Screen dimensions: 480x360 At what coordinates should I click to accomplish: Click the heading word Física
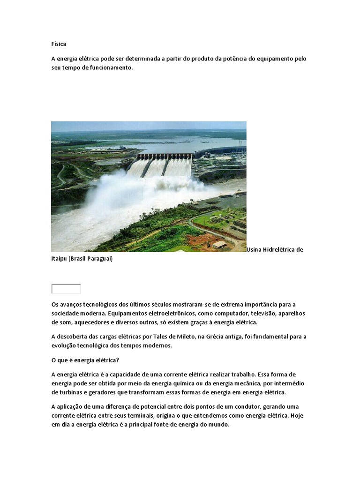click(59, 44)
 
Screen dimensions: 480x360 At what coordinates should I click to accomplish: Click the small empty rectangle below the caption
click(66, 289)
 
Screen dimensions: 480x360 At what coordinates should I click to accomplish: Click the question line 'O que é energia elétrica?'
click(86, 360)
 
